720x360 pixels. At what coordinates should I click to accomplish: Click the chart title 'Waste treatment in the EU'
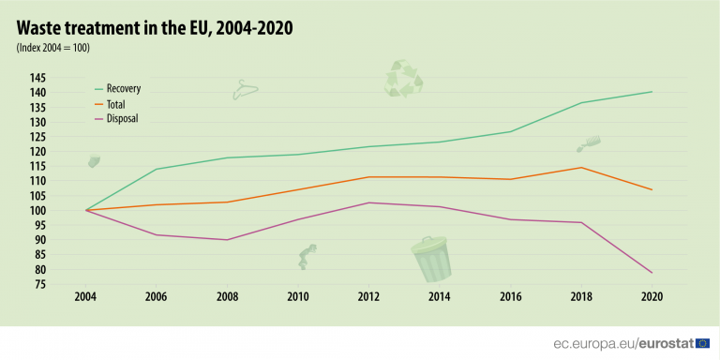(x=154, y=27)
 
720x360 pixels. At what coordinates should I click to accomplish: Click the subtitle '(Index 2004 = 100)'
(x=52, y=48)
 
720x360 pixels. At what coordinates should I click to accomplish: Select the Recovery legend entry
(x=123, y=88)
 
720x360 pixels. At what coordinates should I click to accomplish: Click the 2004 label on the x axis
(x=86, y=297)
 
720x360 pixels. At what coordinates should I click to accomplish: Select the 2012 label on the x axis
(x=369, y=297)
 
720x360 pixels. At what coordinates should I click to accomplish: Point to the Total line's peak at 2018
(x=581, y=168)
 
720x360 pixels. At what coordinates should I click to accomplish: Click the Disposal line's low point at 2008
(x=228, y=240)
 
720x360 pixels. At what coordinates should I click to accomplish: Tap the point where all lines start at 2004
(x=86, y=210)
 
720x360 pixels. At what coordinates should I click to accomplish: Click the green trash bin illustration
(x=431, y=260)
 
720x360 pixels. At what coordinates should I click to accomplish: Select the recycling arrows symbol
(x=404, y=80)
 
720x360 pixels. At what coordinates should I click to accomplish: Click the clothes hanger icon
(x=245, y=90)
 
